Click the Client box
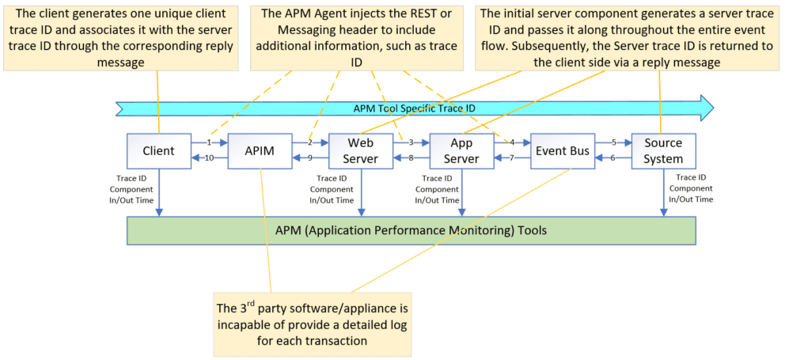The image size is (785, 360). (158, 150)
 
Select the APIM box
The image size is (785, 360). (260, 150)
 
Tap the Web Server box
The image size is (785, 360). (361, 150)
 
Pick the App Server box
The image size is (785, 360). (461, 150)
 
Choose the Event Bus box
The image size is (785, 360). (562, 150)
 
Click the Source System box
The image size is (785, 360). (663, 150)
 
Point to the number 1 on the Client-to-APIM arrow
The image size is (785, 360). (209, 143)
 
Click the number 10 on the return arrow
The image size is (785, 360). (210, 158)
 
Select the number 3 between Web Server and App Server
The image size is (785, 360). (411, 143)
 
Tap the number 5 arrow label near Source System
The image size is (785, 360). (613, 143)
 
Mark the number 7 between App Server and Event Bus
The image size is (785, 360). (512, 158)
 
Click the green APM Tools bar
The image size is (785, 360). (411, 230)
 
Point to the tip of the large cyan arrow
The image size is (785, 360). (711, 108)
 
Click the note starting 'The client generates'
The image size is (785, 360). (122, 36)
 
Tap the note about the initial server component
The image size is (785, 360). (626, 36)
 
